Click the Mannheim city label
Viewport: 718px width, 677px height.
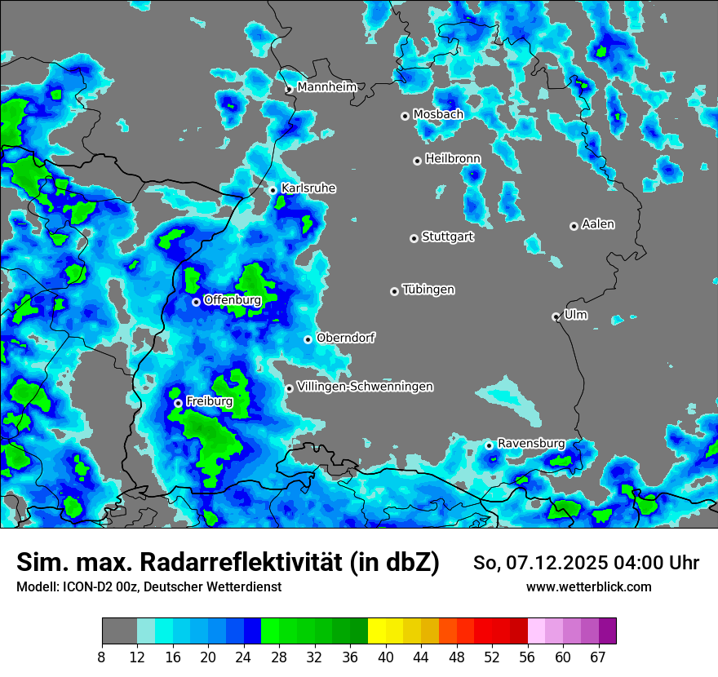326,86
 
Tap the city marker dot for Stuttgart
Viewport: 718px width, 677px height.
414,238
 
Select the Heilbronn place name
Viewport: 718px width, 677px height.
453,158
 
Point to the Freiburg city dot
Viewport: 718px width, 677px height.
178,403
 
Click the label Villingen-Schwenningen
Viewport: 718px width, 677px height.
365,387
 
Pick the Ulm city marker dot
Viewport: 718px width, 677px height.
556,316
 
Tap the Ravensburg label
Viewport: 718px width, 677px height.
530,444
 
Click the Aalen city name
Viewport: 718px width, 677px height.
598,224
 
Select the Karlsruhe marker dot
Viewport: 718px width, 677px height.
273,190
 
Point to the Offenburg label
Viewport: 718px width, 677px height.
232,300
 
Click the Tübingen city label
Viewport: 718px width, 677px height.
428,290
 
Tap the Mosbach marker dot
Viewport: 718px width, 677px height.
405,116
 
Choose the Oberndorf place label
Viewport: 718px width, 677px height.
345,338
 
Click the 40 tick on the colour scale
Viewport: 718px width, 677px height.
385,657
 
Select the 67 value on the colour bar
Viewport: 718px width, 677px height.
598,657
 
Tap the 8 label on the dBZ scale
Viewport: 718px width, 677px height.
102,657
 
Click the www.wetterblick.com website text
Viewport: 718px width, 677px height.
588,586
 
